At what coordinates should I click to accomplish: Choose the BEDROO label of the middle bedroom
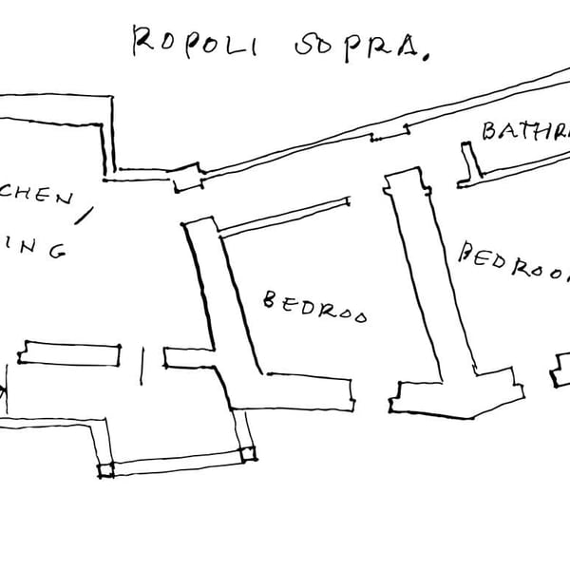coord(314,307)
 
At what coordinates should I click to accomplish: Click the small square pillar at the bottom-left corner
coord(105,469)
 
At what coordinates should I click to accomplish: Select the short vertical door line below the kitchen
coord(142,365)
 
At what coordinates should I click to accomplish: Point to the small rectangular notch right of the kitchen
coord(187,176)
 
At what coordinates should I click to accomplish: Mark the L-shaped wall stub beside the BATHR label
coord(466,163)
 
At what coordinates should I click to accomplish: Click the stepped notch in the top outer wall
coord(389,136)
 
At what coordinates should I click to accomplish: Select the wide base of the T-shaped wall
coord(456,394)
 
